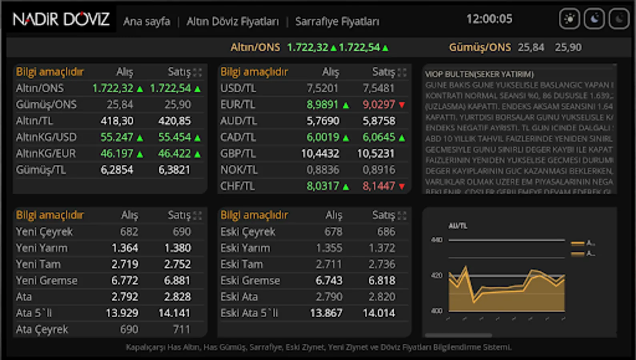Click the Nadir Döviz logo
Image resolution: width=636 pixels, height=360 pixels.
pos(61,19)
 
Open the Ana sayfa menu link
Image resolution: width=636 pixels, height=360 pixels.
pos(146,21)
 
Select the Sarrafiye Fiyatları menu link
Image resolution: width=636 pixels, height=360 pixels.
pos(337,21)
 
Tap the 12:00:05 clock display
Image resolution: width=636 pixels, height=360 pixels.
pos(489,19)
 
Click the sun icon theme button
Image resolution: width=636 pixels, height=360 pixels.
pos(569,19)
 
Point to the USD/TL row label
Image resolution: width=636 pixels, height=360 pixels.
pos(238,88)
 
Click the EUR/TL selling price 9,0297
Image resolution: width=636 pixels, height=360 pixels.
pos(379,104)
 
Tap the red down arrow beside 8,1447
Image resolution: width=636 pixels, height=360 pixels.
pos(402,186)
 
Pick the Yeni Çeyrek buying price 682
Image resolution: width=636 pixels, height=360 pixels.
pos(129,232)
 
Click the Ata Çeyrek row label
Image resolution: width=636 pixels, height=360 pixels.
pos(42,329)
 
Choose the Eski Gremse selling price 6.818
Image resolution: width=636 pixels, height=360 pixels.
pos(381,280)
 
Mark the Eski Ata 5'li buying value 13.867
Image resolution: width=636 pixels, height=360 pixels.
pos(326,313)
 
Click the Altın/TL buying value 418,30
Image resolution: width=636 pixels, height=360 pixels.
pos(117,121)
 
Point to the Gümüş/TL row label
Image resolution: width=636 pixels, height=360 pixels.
pos(41,170)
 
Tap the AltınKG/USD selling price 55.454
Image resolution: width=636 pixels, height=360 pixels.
pos(175,137)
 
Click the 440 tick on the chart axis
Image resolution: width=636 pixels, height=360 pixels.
pos(437,240)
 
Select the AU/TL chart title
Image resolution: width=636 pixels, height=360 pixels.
pos(458,226)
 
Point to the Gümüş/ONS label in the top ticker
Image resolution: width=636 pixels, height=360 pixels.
pos(480,47)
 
